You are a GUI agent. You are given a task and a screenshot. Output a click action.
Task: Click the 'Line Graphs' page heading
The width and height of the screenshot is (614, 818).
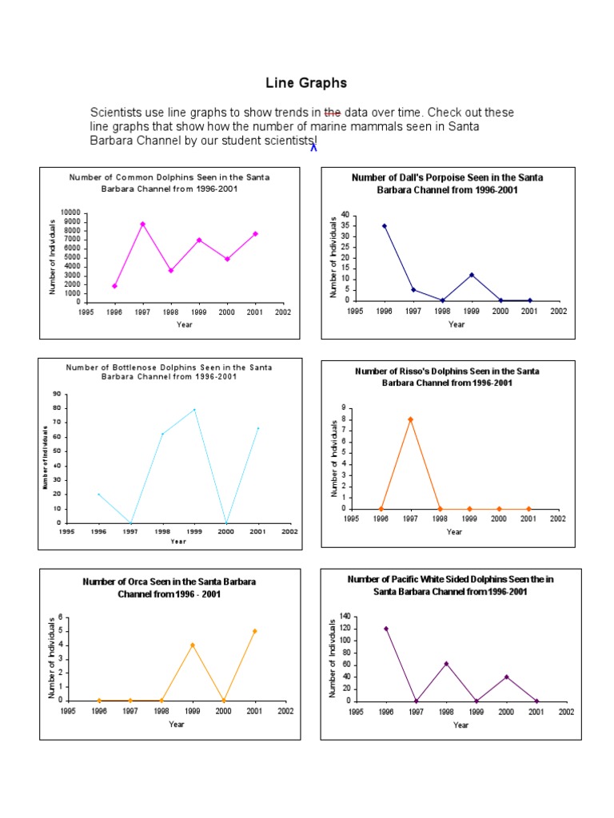[x=306, y=83]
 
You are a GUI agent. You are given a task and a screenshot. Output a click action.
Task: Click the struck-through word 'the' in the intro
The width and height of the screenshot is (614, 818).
[x=333, y=113]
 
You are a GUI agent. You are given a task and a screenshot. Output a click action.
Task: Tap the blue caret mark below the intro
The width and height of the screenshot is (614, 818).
[x=314, y=146]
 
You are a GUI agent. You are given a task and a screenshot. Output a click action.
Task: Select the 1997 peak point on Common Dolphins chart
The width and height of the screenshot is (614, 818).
[x=143, y=224]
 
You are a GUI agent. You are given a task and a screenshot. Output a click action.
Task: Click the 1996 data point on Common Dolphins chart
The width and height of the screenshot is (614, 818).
[x=115, y=286]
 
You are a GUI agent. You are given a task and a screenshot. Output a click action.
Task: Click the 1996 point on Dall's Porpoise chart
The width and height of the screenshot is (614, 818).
[x=385, y=225]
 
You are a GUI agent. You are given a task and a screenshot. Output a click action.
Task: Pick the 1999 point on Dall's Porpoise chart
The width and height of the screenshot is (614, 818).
[x=472, y=275]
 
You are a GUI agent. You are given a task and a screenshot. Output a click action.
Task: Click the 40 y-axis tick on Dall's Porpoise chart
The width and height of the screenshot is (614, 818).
[x=345, y=215]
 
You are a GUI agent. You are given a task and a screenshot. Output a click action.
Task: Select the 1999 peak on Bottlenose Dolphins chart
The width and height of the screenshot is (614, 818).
[x=194, y=410]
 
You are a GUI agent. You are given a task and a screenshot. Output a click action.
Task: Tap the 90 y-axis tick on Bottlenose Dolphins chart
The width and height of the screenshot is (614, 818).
[x=57, y=394]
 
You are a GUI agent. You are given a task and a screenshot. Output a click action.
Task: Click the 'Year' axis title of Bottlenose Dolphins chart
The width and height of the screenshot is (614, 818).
[x=178, y=541]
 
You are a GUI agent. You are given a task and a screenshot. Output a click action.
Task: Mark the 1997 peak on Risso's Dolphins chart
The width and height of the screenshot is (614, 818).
[x=411, y=419]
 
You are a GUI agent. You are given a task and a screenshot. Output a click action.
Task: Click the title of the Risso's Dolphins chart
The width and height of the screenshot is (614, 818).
[x=448, y=377]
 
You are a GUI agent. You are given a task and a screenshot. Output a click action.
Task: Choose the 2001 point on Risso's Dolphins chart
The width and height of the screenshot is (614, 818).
[x=528, y=508]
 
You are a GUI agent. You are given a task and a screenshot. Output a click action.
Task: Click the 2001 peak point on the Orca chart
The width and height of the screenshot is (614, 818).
[x=255, y=631]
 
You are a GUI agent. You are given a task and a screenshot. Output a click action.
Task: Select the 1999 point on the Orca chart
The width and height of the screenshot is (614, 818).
[x=193, y=645]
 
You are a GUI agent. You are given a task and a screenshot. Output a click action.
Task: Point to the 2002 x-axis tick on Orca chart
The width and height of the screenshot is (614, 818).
[x=286, y=711]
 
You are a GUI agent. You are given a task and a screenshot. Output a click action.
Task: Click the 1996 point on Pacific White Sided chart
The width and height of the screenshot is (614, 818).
[x=387, y=629]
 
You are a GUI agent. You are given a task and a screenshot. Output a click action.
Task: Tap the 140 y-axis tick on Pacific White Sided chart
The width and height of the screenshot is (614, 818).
[x=345, y=617]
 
